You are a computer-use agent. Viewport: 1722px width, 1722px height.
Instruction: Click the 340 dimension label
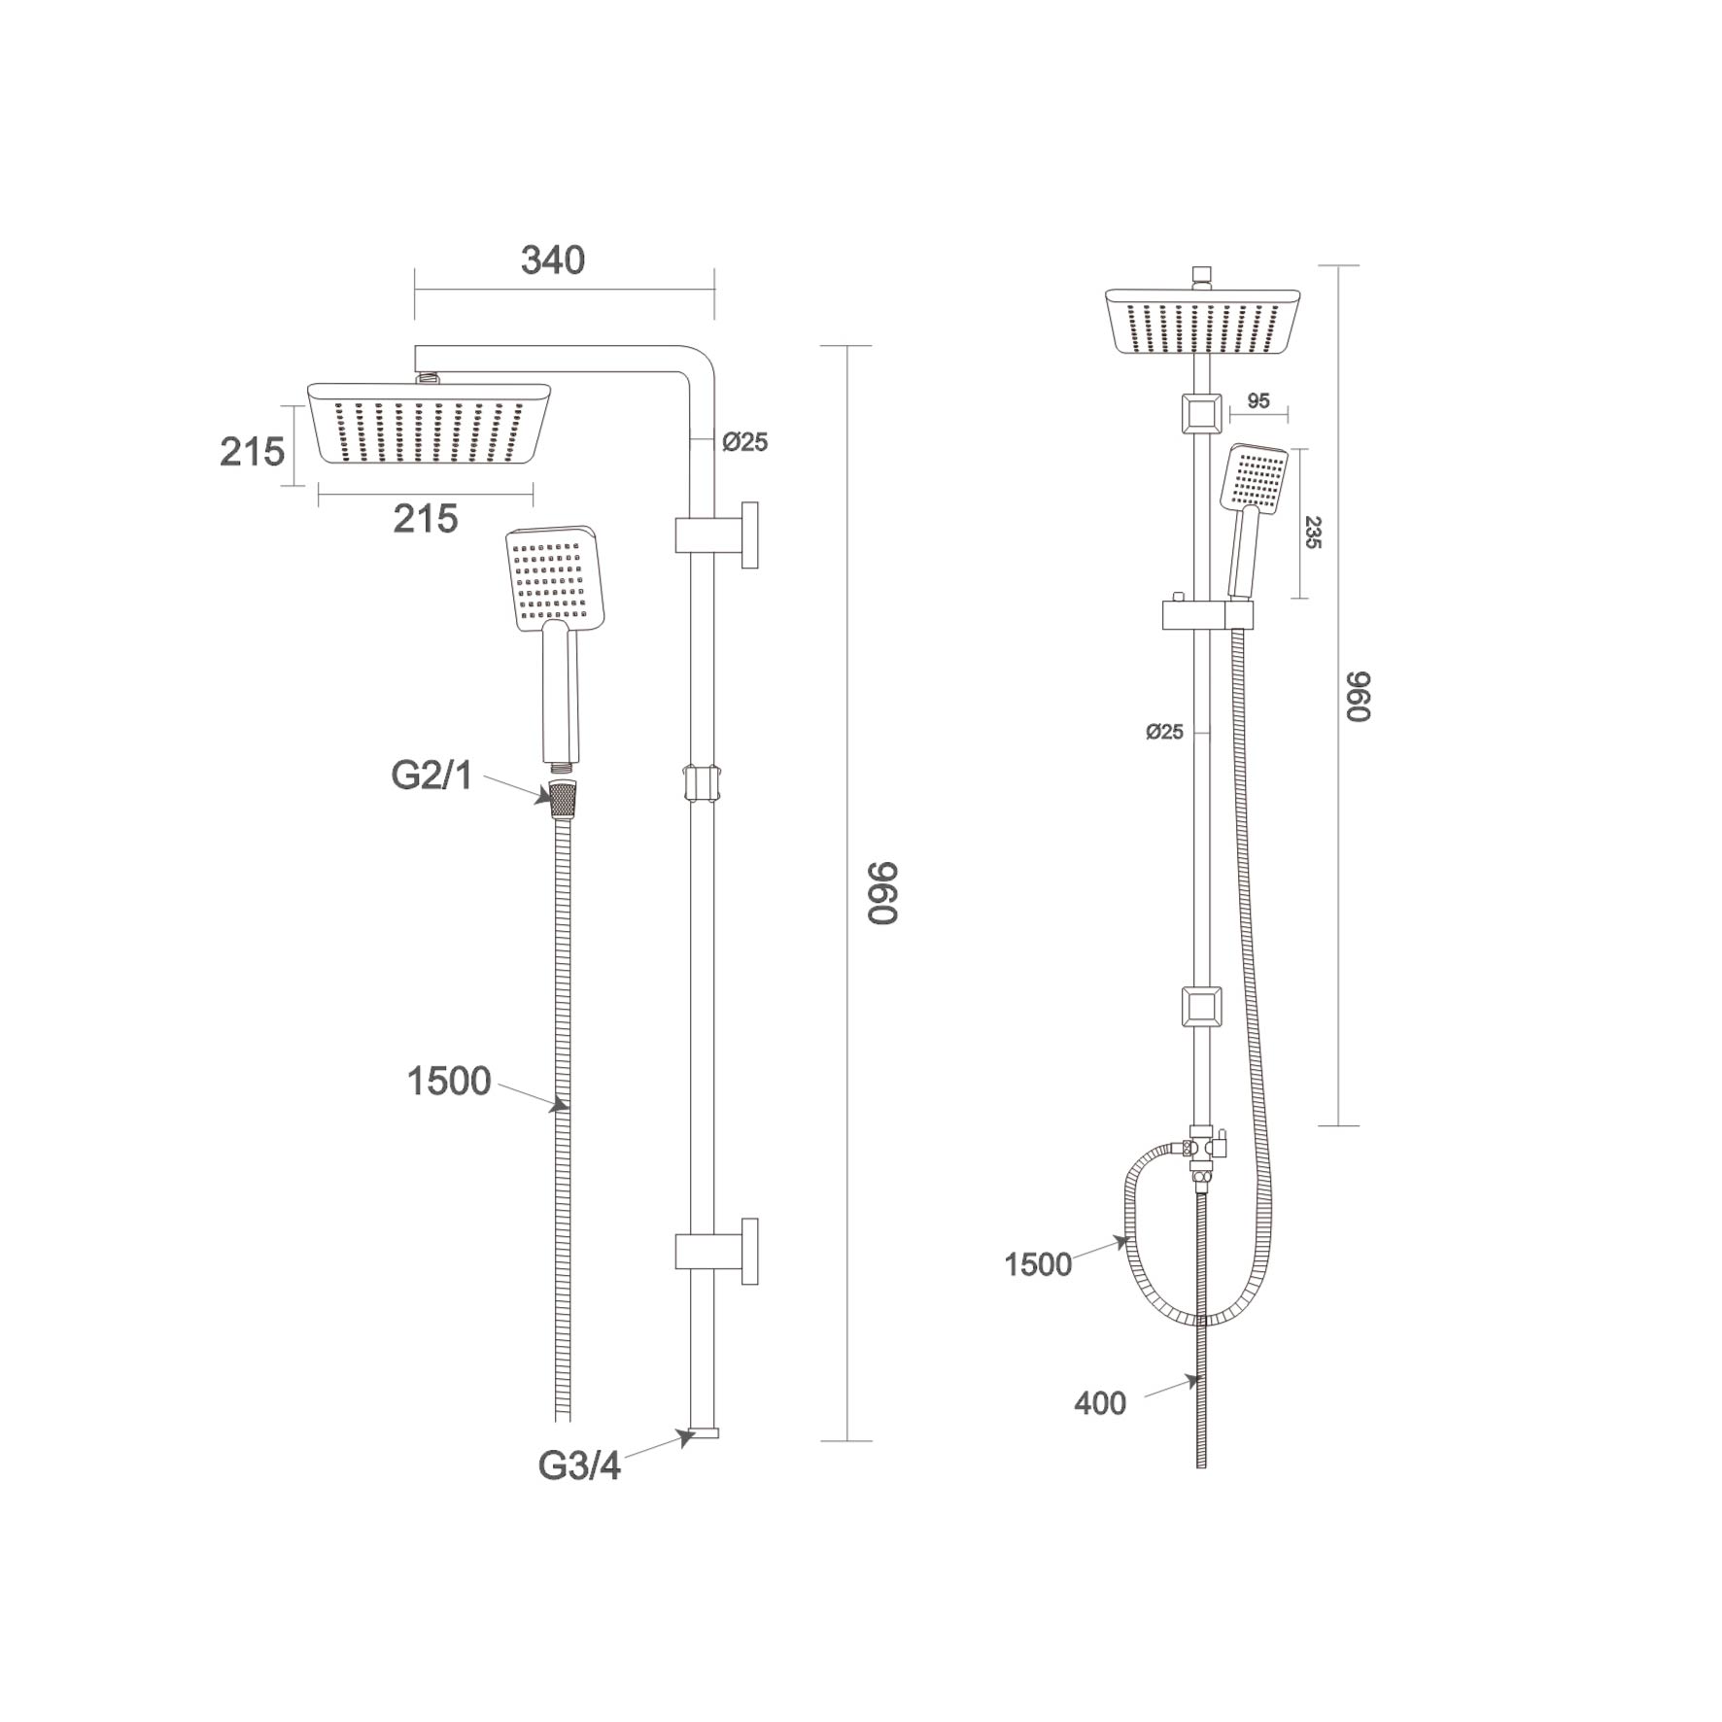[553, 260]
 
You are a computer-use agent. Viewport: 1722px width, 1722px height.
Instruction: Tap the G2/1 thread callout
[431, 775]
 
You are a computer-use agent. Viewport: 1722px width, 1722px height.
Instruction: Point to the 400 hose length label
[1100, 1403]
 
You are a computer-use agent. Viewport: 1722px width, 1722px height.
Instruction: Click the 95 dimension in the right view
[1258, 401]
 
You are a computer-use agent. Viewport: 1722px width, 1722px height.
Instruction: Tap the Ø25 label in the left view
[744, 442]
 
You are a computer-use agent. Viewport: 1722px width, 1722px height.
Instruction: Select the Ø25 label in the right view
[1164, 732]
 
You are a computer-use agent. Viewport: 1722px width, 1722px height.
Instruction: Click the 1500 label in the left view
[449, 1082]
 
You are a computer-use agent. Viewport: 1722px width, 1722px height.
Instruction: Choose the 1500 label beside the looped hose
[1038, 1264]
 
